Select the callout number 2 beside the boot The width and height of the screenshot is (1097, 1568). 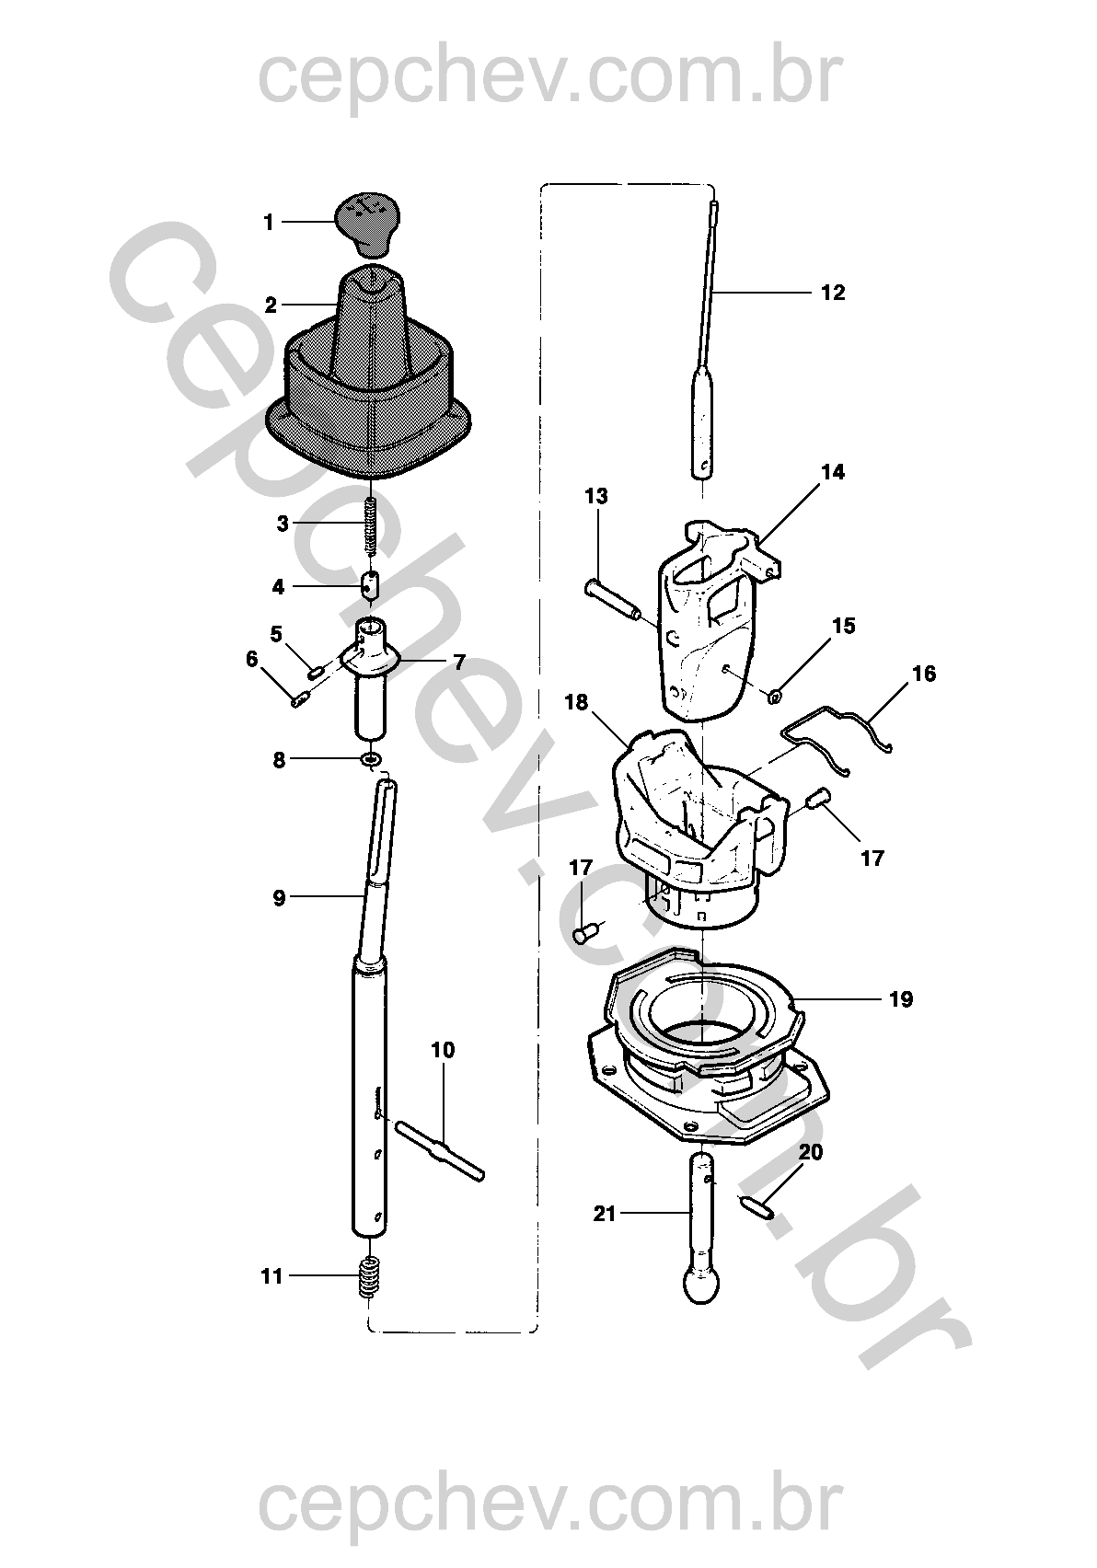tap(271, 306)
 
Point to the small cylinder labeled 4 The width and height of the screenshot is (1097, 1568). tap(370, 585)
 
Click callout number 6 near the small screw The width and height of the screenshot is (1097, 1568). tap(252, 660)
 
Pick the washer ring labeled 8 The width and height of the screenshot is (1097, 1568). tap(372, 759)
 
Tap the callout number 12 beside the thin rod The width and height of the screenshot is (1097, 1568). tap(833, 293)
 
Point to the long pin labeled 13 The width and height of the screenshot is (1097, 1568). tap(612, 601)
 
